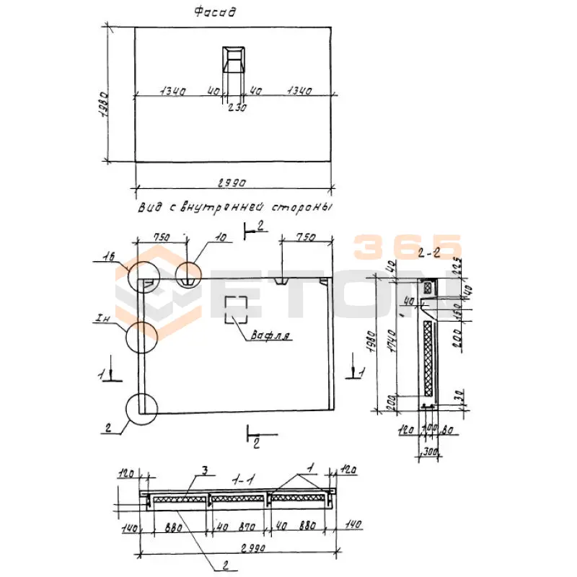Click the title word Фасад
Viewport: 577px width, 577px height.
point(216,12)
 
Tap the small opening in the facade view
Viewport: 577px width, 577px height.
point(234,60)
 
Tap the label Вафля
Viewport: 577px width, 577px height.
point(271,335)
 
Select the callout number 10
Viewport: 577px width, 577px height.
point(220,237)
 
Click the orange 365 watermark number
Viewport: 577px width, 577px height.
point(408,247)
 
